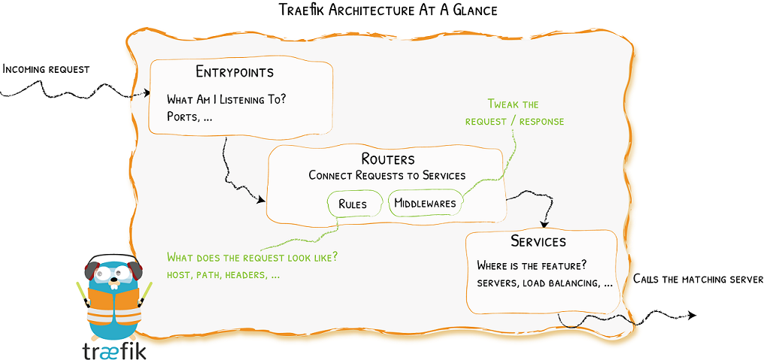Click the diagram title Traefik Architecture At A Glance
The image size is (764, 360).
[387, 11]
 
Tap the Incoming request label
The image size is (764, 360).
[46, 69]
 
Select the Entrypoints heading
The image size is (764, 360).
[235, 72]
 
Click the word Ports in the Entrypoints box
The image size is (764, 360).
[182, 116]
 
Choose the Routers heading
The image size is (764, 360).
[387, 159]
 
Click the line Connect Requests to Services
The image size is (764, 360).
[387, 176]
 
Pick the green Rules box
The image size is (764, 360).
[353, 203]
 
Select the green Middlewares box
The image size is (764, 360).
[426, 203]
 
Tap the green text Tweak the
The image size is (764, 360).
[513, 104]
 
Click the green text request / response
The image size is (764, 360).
[514, 121]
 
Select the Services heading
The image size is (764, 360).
[538, 241]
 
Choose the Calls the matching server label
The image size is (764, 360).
[698, 279]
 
